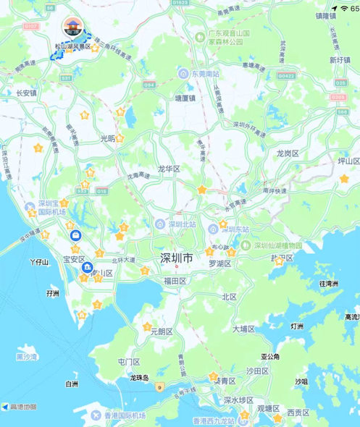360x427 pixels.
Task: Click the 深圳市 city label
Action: point(177,258)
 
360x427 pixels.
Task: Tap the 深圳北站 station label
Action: point(183,224)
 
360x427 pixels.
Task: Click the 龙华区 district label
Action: point(168,169)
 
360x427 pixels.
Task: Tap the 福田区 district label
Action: point(175,280)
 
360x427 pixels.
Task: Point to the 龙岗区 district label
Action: point(288,153)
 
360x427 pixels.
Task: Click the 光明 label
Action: point(107,138)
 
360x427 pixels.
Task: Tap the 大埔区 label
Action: point(244,329)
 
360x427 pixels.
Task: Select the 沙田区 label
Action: point(256,370)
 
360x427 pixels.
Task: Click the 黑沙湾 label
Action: point(26,357)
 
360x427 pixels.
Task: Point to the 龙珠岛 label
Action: point(139,378)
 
